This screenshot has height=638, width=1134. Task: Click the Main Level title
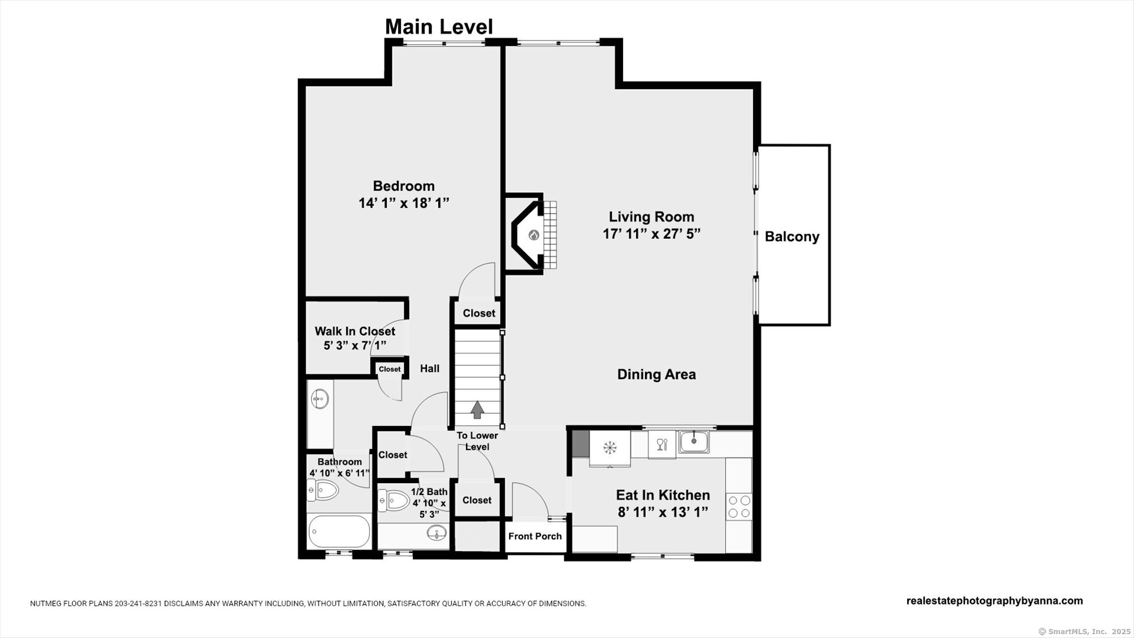click(439, 27)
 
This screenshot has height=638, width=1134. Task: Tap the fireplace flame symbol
click(534, 235)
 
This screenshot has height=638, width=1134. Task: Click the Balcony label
click(792, 236)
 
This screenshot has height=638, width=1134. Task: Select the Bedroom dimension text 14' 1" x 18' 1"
click(404, 203)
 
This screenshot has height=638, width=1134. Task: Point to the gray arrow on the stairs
click(477, 409)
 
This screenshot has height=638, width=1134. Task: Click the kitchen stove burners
click(739, 506)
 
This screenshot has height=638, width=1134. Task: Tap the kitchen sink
click(694, 441)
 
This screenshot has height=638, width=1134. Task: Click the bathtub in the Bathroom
click(339, 531)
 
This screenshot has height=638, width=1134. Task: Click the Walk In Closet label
click(355, 331)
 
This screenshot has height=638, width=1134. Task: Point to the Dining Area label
click(656, 374)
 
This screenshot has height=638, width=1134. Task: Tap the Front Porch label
click(535, 536)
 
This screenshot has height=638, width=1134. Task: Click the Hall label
click(429, 369)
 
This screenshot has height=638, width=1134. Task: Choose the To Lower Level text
click(477, 441)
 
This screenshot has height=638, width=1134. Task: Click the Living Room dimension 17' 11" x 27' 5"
click(651, 234)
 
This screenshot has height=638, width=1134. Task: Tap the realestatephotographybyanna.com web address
click(994, 601)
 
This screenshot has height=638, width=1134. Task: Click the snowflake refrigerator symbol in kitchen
click(610, 447)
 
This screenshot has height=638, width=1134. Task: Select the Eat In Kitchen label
click(663, 495)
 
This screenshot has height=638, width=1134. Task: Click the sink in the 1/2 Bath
click(436, 533)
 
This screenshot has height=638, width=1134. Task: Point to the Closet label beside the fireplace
click(479, 313)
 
